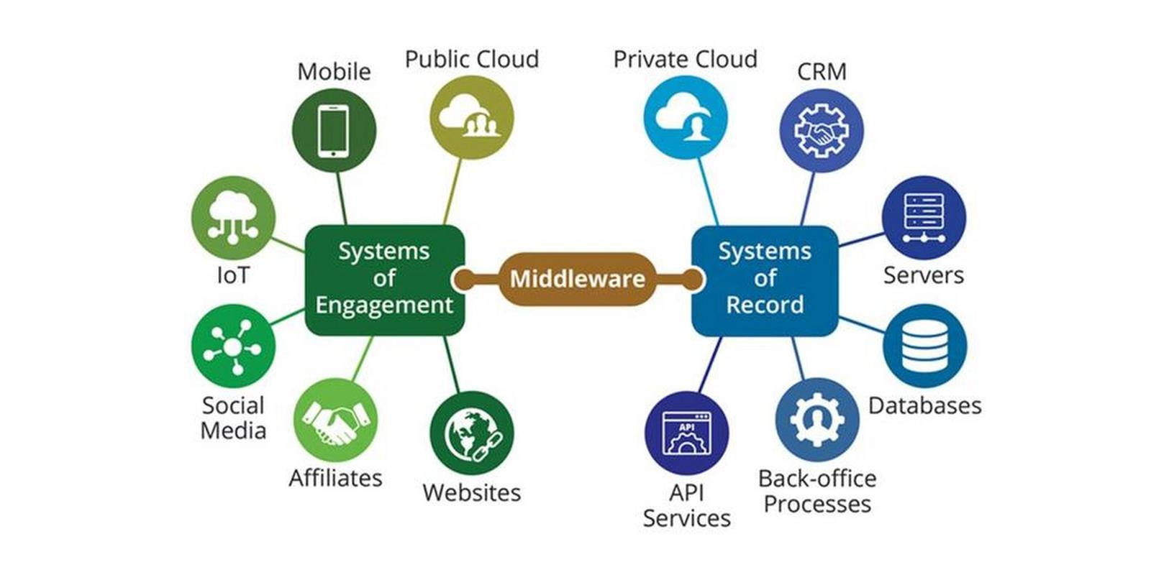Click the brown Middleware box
578,280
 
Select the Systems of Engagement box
385,280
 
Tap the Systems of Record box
765,281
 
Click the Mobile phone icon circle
334,130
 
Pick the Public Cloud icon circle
472,118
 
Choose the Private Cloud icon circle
686,118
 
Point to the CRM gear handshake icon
822,130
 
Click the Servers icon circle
924,218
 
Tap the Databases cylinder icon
925,346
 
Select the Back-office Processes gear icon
817,420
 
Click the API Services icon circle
686,433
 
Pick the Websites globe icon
472,433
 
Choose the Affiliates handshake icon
335,420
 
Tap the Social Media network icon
233,346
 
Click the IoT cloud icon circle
233,218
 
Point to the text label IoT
233,275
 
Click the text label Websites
472,492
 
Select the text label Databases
925,405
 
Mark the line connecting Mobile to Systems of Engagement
342,198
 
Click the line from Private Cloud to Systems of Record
708,192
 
